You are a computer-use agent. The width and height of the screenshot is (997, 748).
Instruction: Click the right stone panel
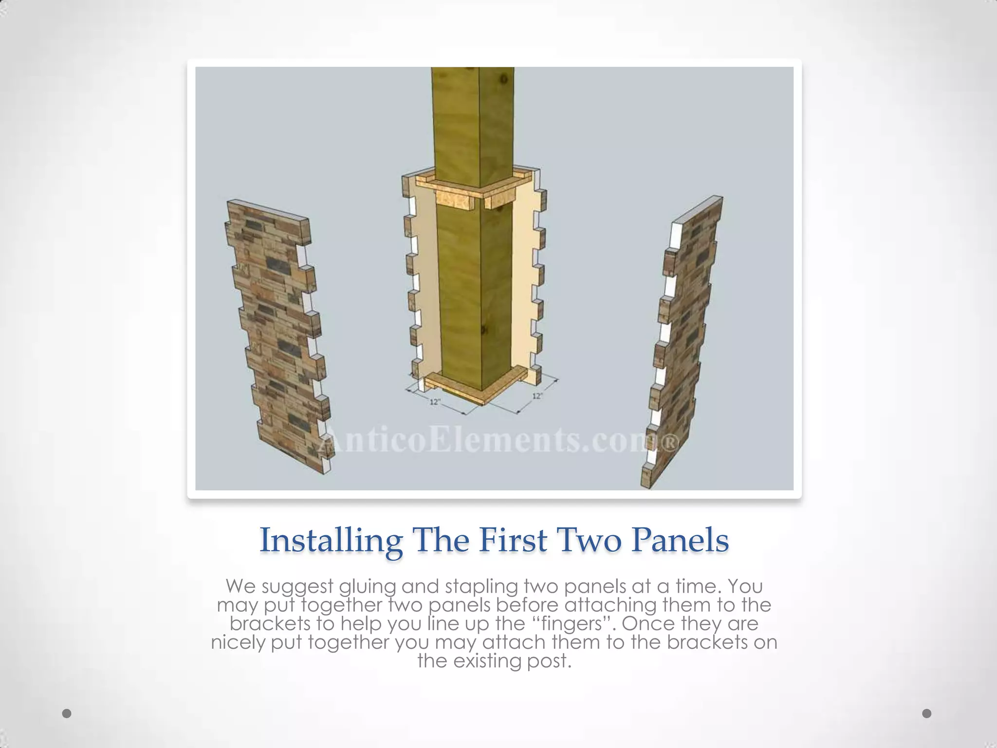682,341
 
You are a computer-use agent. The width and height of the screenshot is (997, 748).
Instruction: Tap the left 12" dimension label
435,402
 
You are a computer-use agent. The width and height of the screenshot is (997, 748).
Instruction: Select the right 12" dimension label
537,396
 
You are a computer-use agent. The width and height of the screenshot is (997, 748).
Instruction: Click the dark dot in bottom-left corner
67,713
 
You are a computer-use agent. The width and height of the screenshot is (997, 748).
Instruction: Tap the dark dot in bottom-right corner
927,713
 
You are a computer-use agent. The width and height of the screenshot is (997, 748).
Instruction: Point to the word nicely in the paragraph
239,643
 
